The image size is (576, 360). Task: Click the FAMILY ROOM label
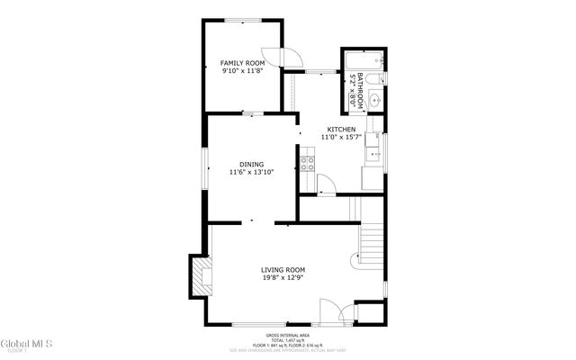(x=243, y=63)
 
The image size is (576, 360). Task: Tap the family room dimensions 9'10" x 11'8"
(x=243, y=71)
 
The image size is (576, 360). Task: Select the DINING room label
(x=251, y=164)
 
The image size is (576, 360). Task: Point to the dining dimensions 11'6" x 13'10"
(x=251, y=172)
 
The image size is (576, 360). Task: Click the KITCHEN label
(x=340, y=130)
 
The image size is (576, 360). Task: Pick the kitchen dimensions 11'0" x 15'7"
(x=340, y=138)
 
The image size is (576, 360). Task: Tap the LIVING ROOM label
(x=283, y=270)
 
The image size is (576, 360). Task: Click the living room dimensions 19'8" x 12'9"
(x=283, y=278)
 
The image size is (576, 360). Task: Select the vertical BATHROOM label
(x=359, y=90)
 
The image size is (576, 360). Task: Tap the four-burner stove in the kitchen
(x=307, y=163)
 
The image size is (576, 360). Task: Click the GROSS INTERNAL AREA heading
(x=287, y=333)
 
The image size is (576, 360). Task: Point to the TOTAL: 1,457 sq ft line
(x=287, y=339)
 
